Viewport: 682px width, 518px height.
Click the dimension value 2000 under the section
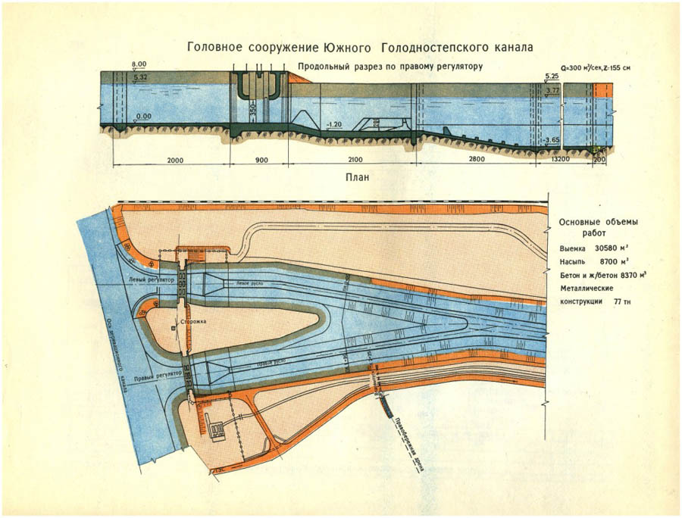point(175,161)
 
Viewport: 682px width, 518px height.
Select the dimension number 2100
point(354,161)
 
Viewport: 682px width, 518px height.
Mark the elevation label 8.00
point(139,64)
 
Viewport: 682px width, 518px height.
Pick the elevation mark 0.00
point(142,117)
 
